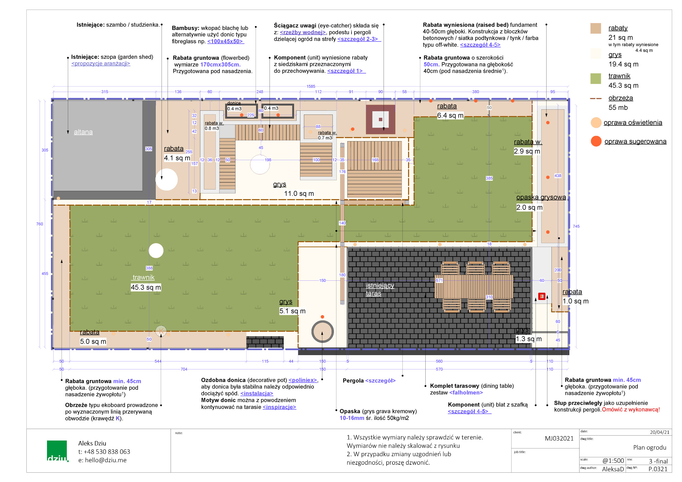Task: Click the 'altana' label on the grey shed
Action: click(x=83, y=132)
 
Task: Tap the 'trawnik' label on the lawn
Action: click(x=143, y=277)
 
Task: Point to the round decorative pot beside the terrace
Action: click(x=323, y=331)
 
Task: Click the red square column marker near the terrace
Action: click(x=542, y=296)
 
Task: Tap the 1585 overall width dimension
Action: click(x=311, y=87)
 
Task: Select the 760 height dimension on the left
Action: click(x=40, y=224)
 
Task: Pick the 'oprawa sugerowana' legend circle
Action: click(x=596, y=141)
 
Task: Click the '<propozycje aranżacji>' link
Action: click(x=101, y=63)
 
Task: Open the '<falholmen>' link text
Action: click(x=466, y=393)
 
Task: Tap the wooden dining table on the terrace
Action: click(x=474, y=286)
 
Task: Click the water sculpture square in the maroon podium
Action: click(x=381, y=119)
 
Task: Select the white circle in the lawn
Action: click(x=156, y=251)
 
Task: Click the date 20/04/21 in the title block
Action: click(x=659, y=432)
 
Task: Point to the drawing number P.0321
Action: click(x=658, y=469)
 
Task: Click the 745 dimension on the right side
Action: click(x=576, y=226)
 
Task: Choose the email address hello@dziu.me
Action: click(x=106, y=460)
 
